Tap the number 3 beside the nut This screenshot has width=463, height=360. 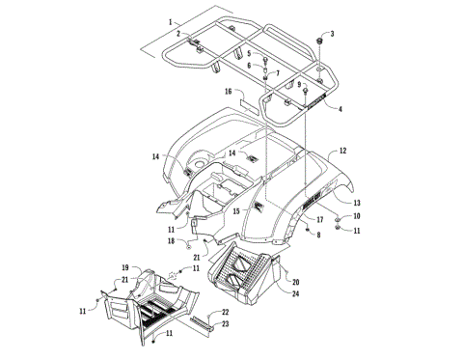[x=333, y=34]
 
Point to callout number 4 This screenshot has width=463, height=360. [x=340, y=109]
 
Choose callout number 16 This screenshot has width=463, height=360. [x=229, y=92]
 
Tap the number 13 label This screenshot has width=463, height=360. [x=357, y=203]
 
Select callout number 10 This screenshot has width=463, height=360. [x=356, y=217]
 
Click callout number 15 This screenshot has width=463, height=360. [x=236, y=209]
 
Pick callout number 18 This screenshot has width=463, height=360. [x=170, y=241]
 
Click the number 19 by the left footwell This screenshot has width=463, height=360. [x=125, y=266]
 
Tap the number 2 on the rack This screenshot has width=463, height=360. [x=177, y=34]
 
